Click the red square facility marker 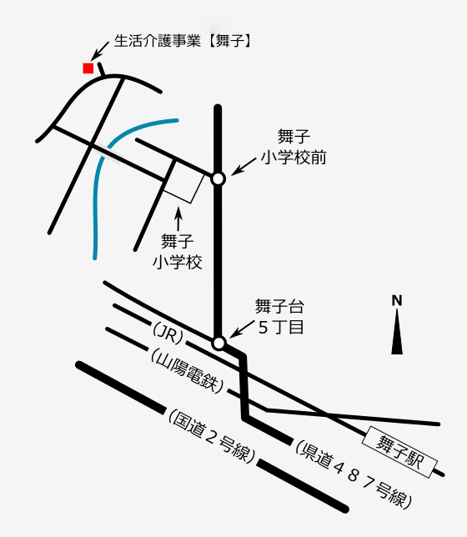(88, 68)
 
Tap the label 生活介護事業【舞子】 (183, 41)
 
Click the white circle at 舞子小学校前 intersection (218, 178)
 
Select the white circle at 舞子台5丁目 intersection (218, 343)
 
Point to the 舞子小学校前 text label (294, 147)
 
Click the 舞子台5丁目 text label (279, 317)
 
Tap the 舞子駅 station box (399, 452)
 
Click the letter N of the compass (397, 300)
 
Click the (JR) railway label (168, 333)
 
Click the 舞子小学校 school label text (177, 252)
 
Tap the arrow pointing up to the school (178, 219)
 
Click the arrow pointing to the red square (100, 50)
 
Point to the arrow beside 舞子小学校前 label (244, 167)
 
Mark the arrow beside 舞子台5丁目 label (242, 329)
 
